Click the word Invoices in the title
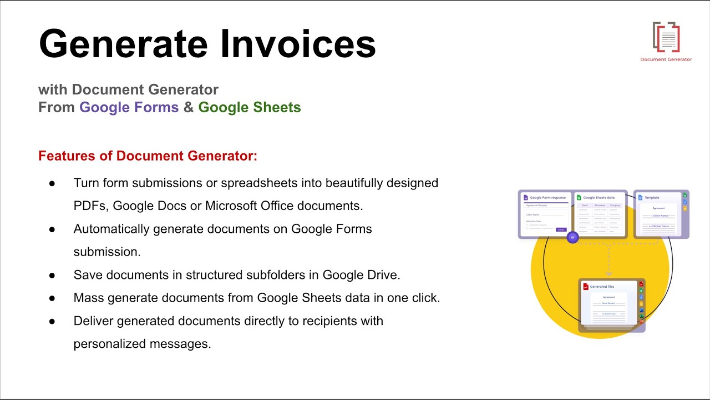(298, 43)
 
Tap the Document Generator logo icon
(666, 37)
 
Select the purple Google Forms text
(129, 107)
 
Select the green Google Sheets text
(250, 107)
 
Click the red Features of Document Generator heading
(148, 156)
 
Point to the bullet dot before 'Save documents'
(52, 275)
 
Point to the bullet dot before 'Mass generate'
(52, 298)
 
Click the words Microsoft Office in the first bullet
(249, 206)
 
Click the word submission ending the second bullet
(107, 252)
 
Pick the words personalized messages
(142, 344)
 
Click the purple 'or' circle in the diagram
(572, 238)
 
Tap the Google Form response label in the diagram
(547, 197)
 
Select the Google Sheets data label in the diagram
(599, 197)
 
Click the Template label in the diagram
(652, 197)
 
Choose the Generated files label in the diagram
(602, 287)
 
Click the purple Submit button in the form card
(561, 229)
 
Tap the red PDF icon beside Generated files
(585, 287)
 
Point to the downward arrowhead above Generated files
(608, 274)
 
